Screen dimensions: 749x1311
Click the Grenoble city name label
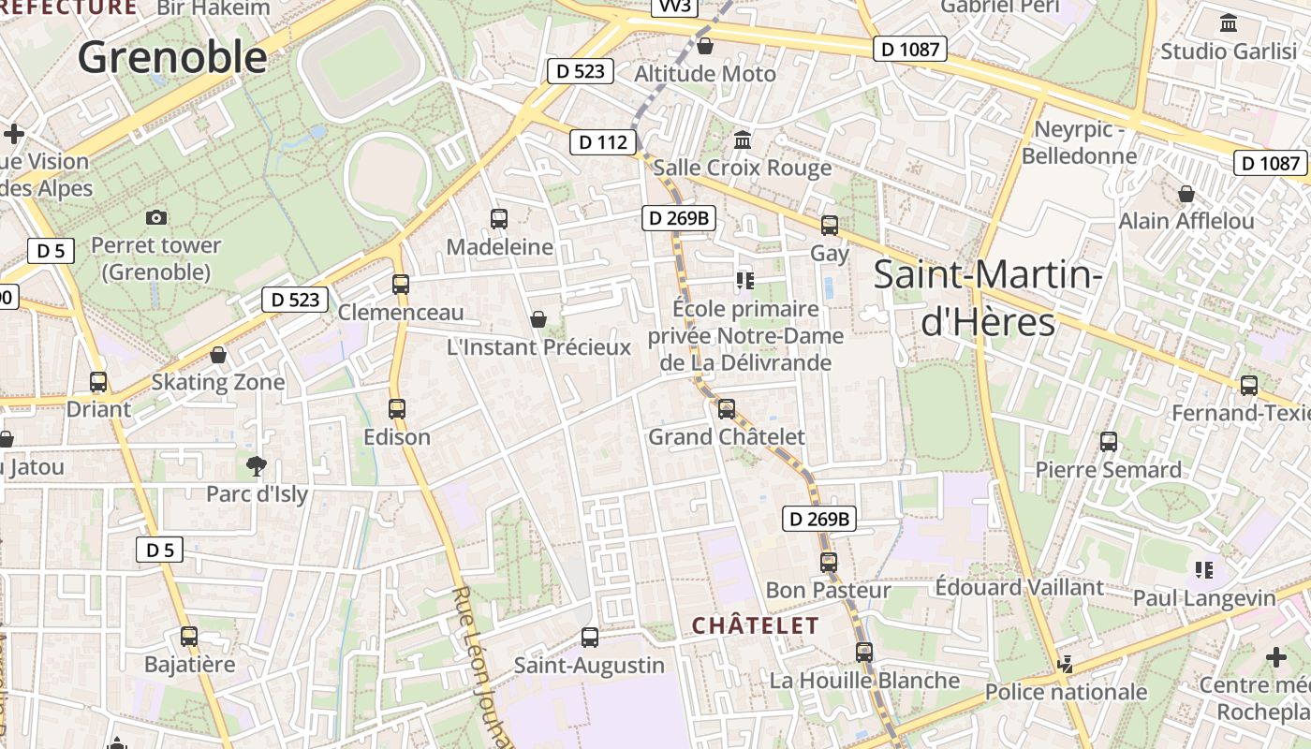(172, 57)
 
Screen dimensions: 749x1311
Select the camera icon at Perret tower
(156, 218)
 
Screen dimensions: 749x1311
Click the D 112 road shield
(603, 142)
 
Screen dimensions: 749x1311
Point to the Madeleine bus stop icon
(499, 219)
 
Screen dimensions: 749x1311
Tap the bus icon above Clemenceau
(401, 284)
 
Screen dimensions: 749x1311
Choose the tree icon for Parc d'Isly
(256, 465)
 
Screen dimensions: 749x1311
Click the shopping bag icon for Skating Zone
(218, 355)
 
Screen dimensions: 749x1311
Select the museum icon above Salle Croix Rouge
(743, 140)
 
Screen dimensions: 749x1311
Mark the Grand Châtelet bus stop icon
(727, 409)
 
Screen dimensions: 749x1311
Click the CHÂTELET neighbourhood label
(755, 625)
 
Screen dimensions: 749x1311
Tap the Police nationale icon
(1065, 665)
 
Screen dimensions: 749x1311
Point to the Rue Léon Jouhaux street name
(483, 667)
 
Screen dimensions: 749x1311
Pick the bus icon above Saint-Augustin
(590, 638)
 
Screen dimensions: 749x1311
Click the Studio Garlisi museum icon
(1229, 22)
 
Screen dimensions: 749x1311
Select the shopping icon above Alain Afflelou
(1186, 194)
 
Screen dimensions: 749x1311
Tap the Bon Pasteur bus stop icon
(829, 562)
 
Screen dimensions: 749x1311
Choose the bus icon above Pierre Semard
(1109, 441)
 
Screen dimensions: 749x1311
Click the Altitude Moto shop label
(705, 73)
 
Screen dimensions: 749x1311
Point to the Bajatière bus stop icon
(189, 637)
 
